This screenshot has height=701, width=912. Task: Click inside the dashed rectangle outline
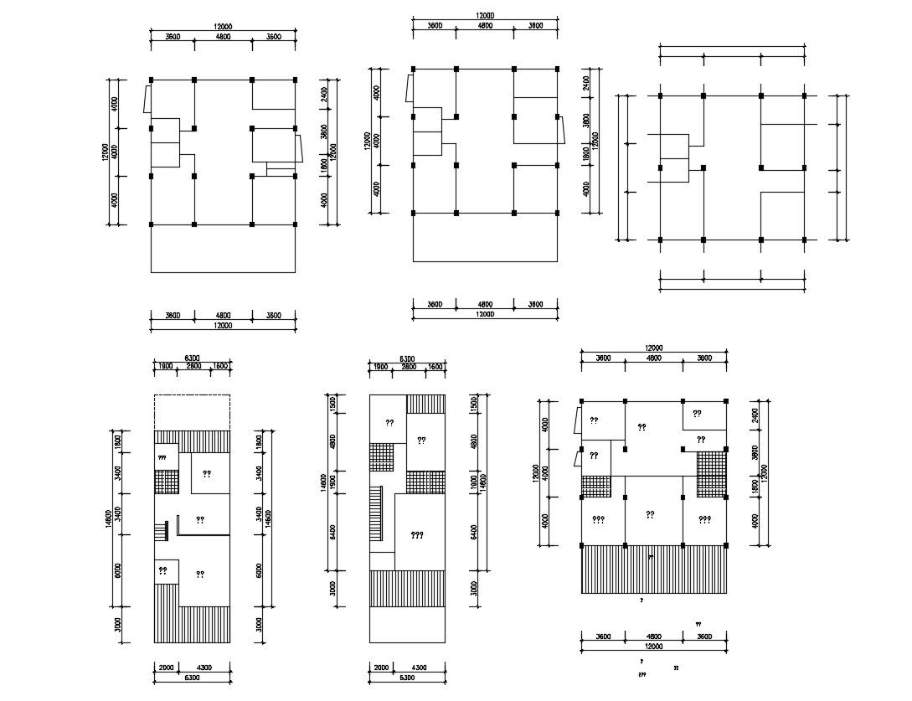pyautogui.click(x=191, y=412)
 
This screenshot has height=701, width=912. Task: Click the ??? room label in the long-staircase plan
pyautogui.click(x=417, y=535)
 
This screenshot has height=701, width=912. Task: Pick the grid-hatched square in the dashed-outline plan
pyautogui.click(x=166, y=483)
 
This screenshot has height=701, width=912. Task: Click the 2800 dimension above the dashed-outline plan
pyautogui.click(x=193, y=367)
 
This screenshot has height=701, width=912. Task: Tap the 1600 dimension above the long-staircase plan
pyautogui.click(x=435, y=367)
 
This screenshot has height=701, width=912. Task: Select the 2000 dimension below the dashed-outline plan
pyautogui.click(x=164, y=667)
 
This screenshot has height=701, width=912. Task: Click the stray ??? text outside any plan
pyautogui.click(x=642, y=674)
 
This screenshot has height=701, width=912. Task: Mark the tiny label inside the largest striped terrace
pyautogui.click(x=651, y=556)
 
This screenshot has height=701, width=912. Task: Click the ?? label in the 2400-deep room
pyautogui.click(x=697, y=414)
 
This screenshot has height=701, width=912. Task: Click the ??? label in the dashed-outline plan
pyautogui.click(x=162, y=458)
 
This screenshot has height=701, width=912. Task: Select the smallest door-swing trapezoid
pyautogui.click(x=578, y=457)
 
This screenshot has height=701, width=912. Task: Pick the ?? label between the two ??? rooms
pyautogui.click(x=651, y=514)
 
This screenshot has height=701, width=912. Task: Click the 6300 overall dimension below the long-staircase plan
pyautogui.click(x=407, y=677)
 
